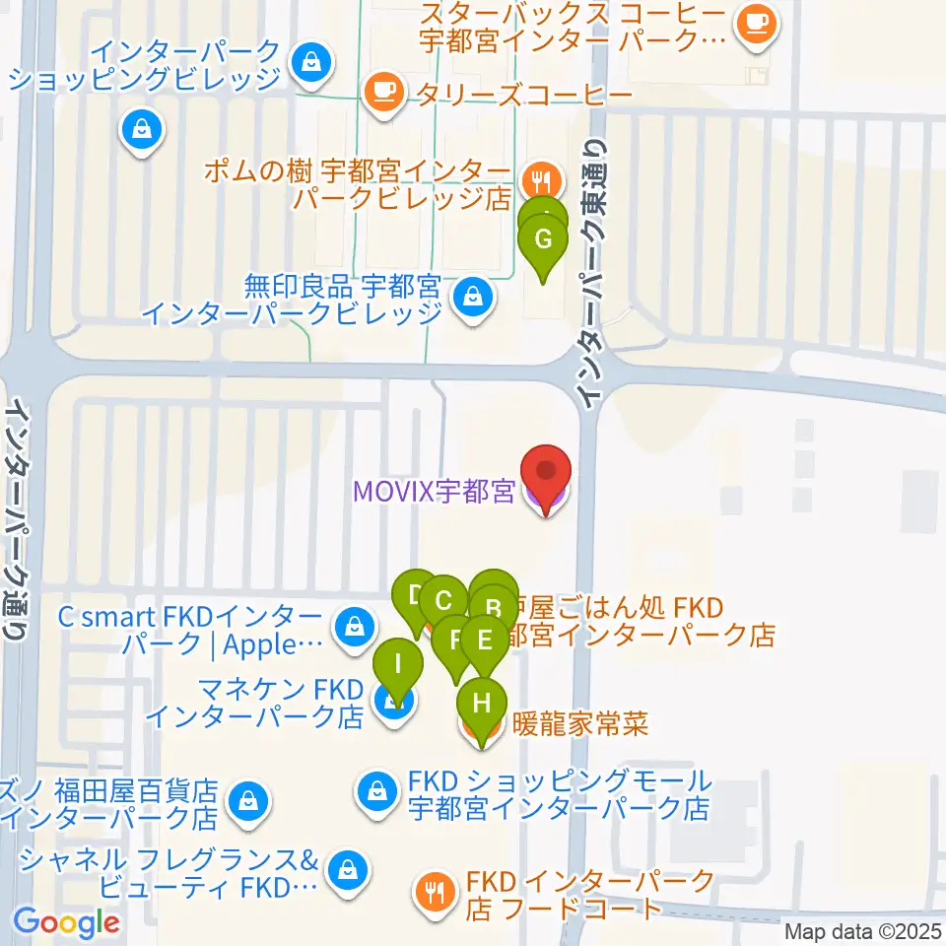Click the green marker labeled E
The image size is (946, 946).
click(x=484, y=642)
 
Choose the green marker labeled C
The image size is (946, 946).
click(x=443, y=602)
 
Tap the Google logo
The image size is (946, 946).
click(x=66, y=923)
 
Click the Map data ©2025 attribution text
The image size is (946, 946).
click(x=862, y=930)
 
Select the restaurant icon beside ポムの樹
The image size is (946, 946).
click(x=539, y=180)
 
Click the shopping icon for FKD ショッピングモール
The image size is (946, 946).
click(x=377, y=788)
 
